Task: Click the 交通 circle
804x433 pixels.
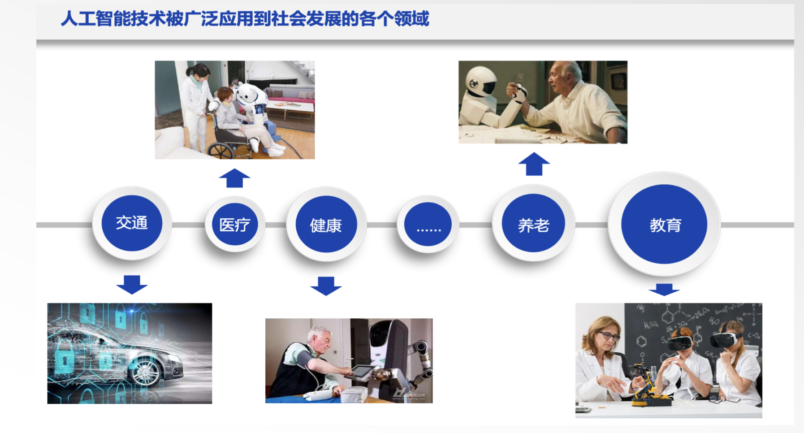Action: (132, 223)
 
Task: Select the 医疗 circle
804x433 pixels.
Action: (235, 224)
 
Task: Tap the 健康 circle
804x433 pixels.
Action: (326, 225)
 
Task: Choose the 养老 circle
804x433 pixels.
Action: (533, 223)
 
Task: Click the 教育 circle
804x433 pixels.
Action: (664, 224)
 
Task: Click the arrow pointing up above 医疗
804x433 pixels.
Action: (234, 178)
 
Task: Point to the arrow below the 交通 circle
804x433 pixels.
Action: (132, 285)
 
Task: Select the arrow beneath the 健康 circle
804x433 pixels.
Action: (326, 286)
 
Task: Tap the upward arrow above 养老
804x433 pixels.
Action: (534, 164)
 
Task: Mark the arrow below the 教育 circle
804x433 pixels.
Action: (664, 290)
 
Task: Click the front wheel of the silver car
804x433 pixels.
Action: (144, 371)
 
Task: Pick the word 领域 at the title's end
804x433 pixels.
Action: (412, 19)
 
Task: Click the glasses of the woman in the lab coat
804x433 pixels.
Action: (609, 335)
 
